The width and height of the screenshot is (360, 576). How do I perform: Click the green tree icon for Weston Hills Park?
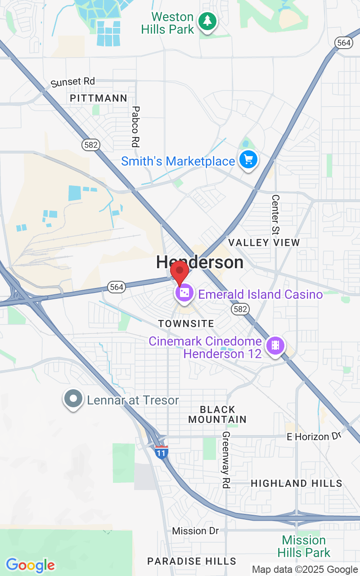[207, 21]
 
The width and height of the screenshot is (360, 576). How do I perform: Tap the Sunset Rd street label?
[73, 82]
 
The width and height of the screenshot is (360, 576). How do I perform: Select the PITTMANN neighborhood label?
[99, 98]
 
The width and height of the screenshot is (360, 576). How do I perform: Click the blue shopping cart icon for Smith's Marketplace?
[248, 159]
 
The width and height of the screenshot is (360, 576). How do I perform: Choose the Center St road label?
[275, 214]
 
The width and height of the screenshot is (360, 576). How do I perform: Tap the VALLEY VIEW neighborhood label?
[264, 243]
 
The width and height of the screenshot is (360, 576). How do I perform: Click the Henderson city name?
[200, 262]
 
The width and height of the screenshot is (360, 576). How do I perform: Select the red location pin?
[180, 271]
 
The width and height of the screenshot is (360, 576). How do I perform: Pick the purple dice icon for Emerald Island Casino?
[184, 293]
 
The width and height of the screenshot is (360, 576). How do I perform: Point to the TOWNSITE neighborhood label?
[186, 324]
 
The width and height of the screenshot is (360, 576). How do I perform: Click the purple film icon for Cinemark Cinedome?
[274, 346]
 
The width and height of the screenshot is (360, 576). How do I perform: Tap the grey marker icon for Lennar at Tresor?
[73, 398]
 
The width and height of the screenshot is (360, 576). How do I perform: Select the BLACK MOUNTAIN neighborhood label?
[217, 414]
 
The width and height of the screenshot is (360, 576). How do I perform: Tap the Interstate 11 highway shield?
[162, 451]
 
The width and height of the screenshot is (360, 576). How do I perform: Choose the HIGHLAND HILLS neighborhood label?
[296, 483]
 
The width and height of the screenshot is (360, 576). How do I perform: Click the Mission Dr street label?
[195, 531]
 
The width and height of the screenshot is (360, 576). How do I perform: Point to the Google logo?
[30, 565]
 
